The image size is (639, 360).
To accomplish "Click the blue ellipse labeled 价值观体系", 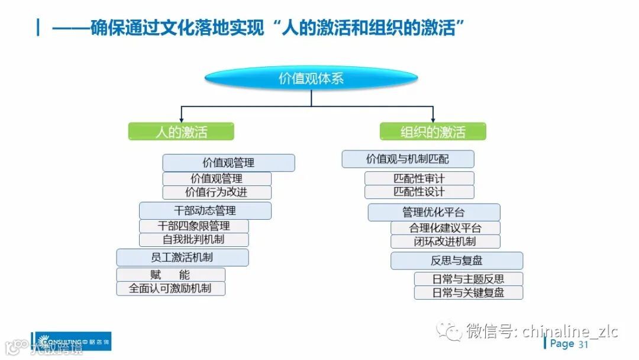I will [311, 78].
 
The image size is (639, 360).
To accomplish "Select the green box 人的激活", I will [181, 131].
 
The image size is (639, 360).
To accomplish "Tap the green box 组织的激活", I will [433, 131].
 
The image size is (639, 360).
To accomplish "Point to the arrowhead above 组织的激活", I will [433, 119].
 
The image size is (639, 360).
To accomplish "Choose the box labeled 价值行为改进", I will [217, 192].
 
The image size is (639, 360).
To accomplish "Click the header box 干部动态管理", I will [205, 210].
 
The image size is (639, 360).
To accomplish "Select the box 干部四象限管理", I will [193, 226].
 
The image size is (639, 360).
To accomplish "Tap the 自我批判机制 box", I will [193, 240].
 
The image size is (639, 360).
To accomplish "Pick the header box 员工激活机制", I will [182, 258].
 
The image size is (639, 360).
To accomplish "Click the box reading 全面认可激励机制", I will [170, 289].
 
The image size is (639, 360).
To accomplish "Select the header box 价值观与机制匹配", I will [408, 159].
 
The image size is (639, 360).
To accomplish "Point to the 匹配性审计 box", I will [419, 178].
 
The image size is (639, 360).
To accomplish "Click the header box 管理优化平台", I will [434, 212].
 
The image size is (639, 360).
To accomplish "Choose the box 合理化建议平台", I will [445, 228].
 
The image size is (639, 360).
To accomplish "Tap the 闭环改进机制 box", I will [445, 242].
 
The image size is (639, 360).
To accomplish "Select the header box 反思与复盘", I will [456, 261].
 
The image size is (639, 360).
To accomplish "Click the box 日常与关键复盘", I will [468, 292].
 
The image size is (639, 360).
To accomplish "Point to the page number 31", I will [583, 345].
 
